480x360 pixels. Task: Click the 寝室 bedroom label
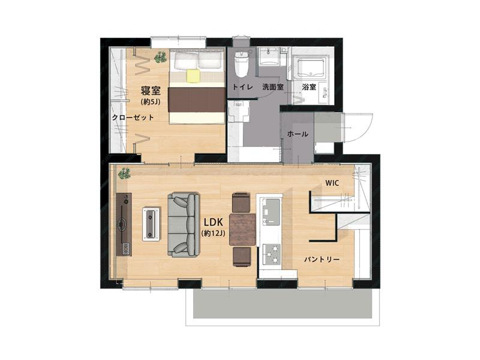click(151, 91)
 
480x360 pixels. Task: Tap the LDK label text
click(213, 222)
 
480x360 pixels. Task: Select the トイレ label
click(243, 87)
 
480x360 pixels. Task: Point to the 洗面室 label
click(273, 87)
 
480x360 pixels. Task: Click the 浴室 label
click(309, 87)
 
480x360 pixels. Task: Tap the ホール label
click(298, 134)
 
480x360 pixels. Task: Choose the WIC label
click(332, 183)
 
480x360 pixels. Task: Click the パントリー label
click(322, 260)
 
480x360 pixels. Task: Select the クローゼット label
click(133, 117)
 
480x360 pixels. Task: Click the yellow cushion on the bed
click(193, 76)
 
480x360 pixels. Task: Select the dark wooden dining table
click(242, 229)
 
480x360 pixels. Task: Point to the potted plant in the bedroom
click(160, 57)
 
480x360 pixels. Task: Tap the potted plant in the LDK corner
click(124, 173)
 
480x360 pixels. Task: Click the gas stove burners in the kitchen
click(272, 253)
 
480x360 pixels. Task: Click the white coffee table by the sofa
click(151, 224)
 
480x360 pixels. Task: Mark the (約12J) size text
click(214, 233)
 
